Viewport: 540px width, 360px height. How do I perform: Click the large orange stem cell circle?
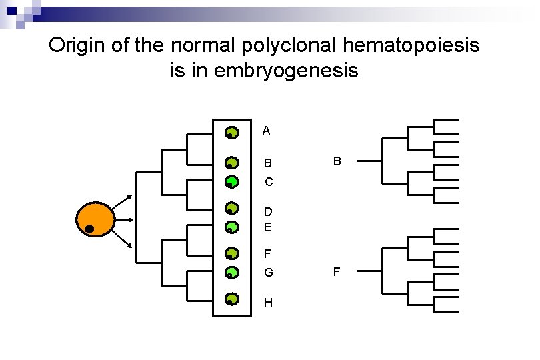click(96, 219)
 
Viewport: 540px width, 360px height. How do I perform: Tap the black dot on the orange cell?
click(88, 229)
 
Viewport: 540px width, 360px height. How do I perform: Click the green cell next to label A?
click(231, 133)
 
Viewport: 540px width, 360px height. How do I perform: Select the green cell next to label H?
click(231, 299)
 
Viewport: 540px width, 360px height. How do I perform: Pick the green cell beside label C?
click(231, 181)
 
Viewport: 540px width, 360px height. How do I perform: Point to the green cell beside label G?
click(231, 272)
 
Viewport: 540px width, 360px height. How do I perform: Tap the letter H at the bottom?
click(268, 303)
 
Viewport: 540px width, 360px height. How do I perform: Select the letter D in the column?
click(268, 212)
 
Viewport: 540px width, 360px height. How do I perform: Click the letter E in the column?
click(268, 227)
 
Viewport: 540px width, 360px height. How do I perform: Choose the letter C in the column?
click(268, 182)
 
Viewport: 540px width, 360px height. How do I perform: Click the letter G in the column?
click(268, 273)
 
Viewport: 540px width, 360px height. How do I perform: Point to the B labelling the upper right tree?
click(337, 161)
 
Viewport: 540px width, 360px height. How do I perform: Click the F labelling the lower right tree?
click(337, 271)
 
